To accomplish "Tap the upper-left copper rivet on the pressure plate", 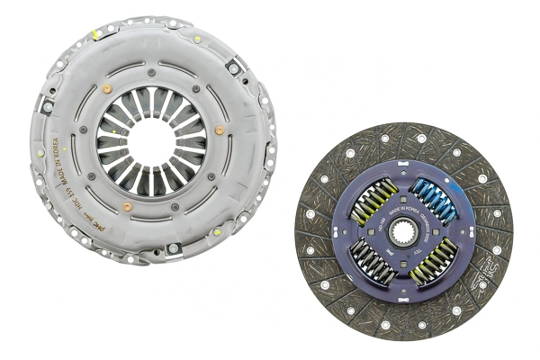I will (107, 89).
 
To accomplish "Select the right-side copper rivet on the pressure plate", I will (220, 130).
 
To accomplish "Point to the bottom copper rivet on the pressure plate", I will (128, 206).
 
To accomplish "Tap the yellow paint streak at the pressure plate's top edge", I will (96, 34).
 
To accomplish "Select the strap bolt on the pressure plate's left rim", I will (47, 107).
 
